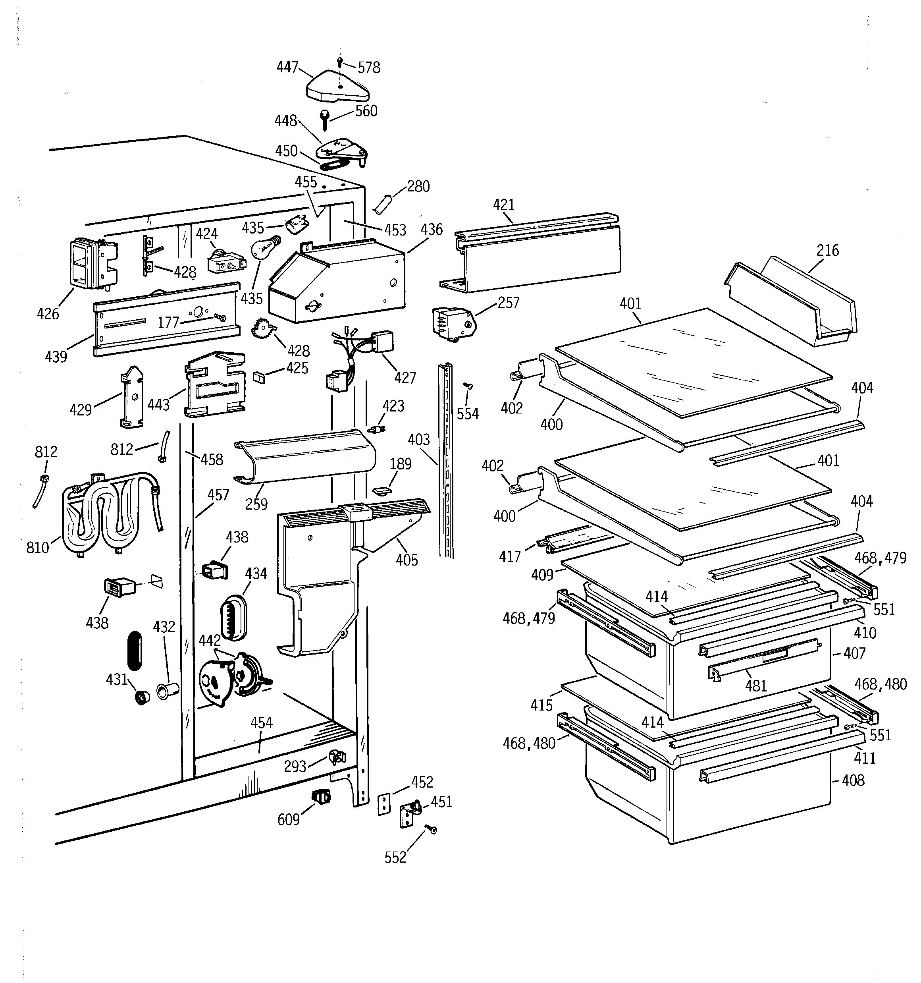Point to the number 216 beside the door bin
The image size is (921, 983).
tap(828, 250)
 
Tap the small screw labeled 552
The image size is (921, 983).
tap(433, 830)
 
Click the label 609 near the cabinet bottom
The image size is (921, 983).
tap(289, 820)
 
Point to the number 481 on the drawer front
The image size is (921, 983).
tap(755, 686)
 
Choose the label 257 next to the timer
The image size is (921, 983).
tap(508, 303)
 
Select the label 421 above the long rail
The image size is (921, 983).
tap(503, 204)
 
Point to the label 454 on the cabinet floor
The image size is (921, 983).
tap(261, 723)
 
